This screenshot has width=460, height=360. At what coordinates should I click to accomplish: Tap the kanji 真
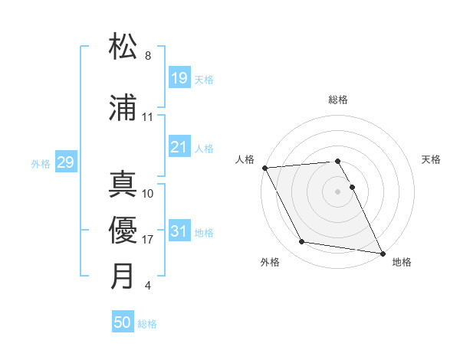click(x=123, y=184)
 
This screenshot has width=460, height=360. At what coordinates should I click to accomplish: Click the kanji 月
click(x=123, y=276)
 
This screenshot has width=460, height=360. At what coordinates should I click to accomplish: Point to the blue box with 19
click(x=179, y=78)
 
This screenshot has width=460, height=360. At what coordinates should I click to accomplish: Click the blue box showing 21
click(x=179, y=147)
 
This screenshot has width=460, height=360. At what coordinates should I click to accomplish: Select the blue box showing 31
click(x=179, y=231)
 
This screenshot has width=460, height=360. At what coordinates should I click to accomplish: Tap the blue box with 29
click(x=65, y=162)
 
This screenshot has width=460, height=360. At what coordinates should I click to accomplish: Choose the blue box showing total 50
click(x=123, y=322)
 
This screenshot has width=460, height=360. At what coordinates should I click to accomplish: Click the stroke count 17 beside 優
click(x=148, y=240)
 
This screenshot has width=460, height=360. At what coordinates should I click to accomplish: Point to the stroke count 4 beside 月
click(x=148, y=286)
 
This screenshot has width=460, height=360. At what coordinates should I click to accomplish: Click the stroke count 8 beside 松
click(x=148, y=56)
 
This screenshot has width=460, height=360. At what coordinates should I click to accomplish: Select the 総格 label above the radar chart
click(x=338, y=100)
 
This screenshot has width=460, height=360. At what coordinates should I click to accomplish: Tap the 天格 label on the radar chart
click(x=432, y=159)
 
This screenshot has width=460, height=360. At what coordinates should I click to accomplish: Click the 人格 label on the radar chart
click(x=245, y=159)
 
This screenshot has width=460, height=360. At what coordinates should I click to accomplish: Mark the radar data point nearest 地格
click(x=383, y=253)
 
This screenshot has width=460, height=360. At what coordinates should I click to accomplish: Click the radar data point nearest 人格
click(x=264, y=168)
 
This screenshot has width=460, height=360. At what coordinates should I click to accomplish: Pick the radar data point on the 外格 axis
click(x=302, y=242)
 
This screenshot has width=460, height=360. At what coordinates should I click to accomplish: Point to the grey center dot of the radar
click(x=338, y=191)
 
